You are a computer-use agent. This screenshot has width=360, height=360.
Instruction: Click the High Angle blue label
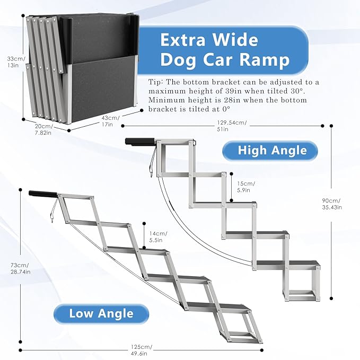272,151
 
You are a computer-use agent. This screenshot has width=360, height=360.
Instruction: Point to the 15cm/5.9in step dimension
246,187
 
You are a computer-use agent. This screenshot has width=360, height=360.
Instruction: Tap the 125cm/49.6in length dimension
142,349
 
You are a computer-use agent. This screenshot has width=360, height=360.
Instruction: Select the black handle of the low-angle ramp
42,194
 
